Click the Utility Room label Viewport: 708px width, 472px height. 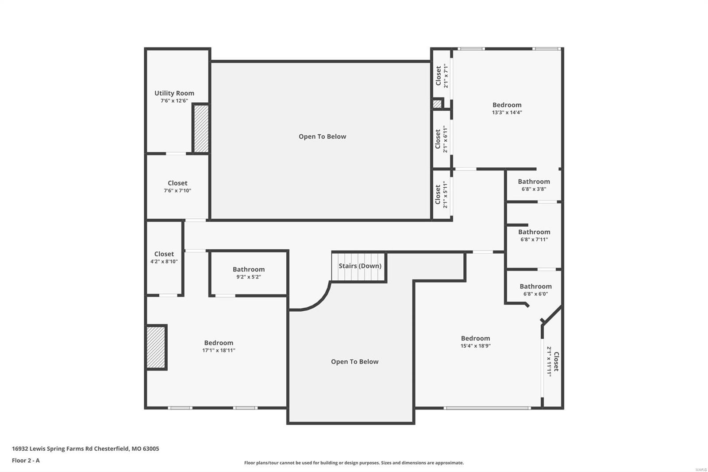pyautogui.click(x=174, y=93)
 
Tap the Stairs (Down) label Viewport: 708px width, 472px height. pyautogui.click(x=360, y=266)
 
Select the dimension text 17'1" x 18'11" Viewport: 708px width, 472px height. pyautogui.click(x=219, y=350)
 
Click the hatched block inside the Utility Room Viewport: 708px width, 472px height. pyautogui.click(x=201, y=128)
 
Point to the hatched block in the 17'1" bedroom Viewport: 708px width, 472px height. pyautogui.click(x=156, y=348)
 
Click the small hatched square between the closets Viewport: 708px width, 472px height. pyautogui.click(x=437, y=104)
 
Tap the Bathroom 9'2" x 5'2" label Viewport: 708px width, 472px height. pyautogui.click(x=249, y=269)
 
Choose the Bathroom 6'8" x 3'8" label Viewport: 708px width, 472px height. pyautogui.click(x=534, y=182)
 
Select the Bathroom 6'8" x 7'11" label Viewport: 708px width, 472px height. pyautogui.click(x=534, y=232)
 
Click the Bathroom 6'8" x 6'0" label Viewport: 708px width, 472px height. pyautogui.click(x=535, y=286)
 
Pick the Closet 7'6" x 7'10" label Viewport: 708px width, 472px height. pyautogui.click(x=177, y=183)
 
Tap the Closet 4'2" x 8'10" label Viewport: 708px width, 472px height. pyautogui.click(x=164, y=254)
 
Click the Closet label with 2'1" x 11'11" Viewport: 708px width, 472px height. pyautogui.click(x=556, y=361)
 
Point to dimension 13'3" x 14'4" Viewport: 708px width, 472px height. pyautogui.click(x=507, y=112)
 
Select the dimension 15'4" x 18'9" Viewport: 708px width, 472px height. pyautogui.click(x=475, y=346)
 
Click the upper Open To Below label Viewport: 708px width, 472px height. pyautogui.click(x=322, y=136)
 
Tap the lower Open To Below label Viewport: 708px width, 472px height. pyautogui.click(x=354, y=362)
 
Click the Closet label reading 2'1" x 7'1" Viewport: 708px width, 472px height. pyautogui.click(x=439, y=76)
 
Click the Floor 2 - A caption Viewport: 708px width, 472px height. pyautogui.click(x=26, y=460)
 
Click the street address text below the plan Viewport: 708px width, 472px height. pyautogui.click(x=85, y=449)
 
